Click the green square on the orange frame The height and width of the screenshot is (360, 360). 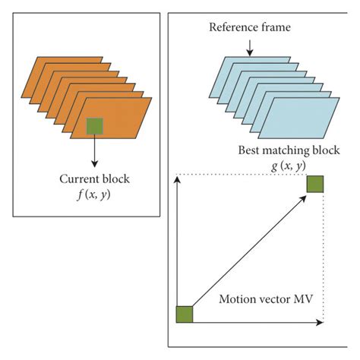coord(95,126)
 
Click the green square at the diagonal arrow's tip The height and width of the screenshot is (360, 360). coord(315,184)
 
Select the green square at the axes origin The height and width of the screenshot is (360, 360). coord(185,314)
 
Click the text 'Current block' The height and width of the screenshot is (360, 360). coord(94,179)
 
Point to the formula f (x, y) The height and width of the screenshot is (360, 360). coord(94,194)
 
